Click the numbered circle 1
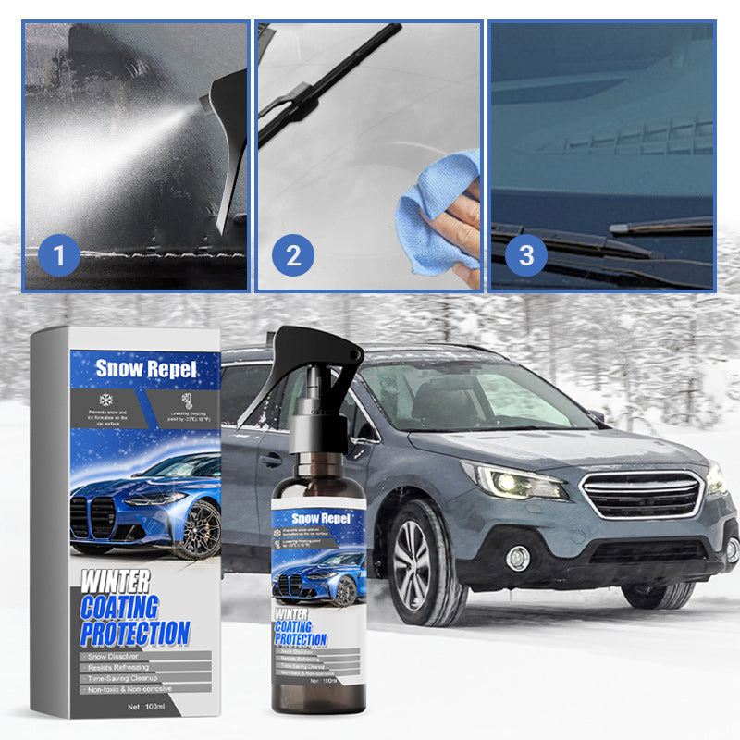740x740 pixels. (x=61, y=255)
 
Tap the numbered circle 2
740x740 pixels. (x=293, y=255)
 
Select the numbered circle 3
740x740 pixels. (x=526, y=255)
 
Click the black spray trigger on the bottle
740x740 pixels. (x=319, y=355)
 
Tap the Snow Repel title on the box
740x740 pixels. (x=146, y=368)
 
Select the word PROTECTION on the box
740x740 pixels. (x=135, y=634)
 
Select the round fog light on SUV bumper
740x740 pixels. (x=518, y=558)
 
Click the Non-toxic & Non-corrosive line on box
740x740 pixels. (x=132, y=688)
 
